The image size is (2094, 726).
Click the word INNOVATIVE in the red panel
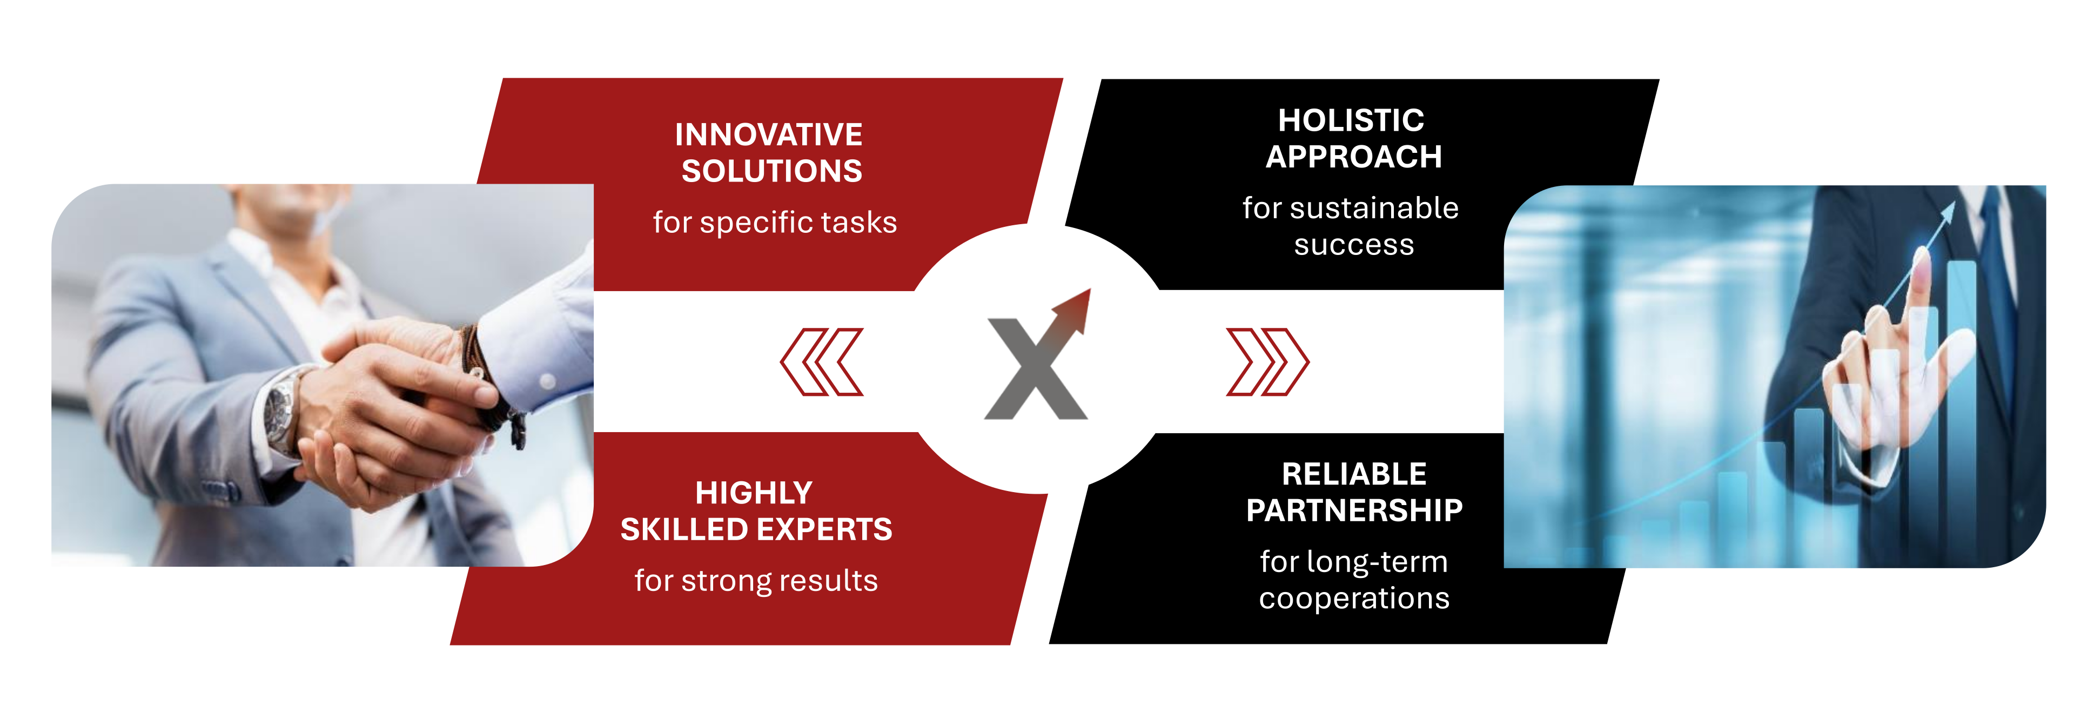768,134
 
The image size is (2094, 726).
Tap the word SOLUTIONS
771,171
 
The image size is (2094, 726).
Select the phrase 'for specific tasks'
775,222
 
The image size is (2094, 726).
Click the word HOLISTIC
1351,120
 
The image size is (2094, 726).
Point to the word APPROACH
1353,157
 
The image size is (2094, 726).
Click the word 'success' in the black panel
1353,246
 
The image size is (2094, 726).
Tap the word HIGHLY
754,493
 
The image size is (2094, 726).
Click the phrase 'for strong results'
756,581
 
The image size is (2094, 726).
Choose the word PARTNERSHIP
1354,510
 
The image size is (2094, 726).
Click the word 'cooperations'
1354,599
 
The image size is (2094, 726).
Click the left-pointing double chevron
822,362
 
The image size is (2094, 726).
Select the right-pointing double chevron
1267,362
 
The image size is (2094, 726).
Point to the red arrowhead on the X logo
1074,310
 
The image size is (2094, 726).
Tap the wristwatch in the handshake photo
281,408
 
